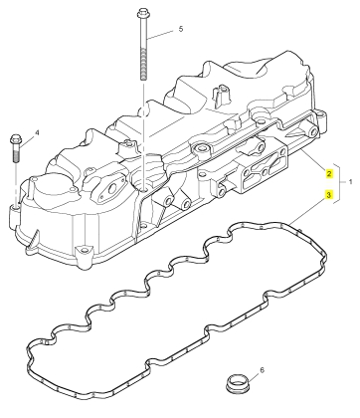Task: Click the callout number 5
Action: (181, 29)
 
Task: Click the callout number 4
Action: (37, 132)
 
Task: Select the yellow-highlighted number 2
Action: (329, 173)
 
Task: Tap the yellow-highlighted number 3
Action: (329, 195)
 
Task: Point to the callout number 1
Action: (351, 182)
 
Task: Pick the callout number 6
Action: (263, 369)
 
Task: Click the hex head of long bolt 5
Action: (143, 14)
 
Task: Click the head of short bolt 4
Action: (16, 140)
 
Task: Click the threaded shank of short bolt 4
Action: (16, 154)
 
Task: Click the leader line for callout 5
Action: (160, 35)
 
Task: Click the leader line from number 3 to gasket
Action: (306, 210)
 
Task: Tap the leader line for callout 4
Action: (27, 140)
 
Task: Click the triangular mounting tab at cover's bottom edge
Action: (83, 252)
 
